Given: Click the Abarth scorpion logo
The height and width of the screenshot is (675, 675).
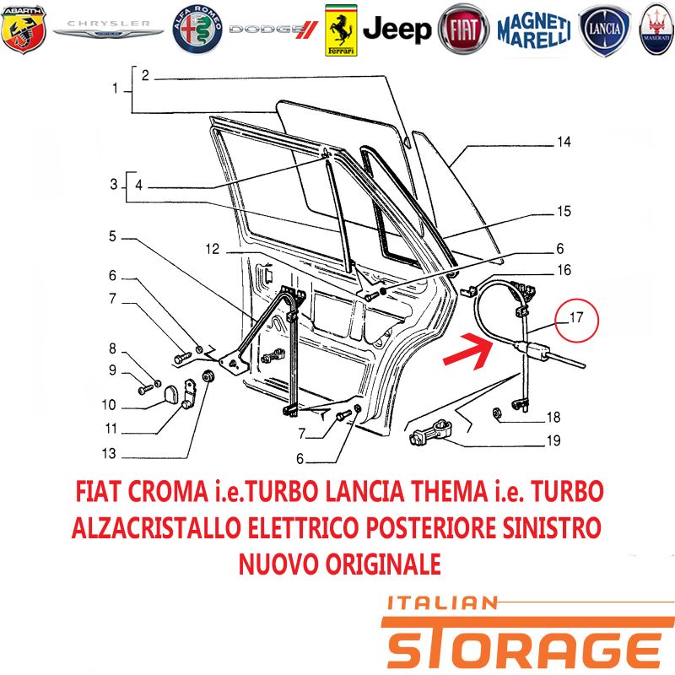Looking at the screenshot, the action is point(24,30).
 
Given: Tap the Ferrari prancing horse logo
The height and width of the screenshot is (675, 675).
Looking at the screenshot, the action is point(341,30).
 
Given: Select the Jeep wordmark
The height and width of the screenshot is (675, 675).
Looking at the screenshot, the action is point(397,30).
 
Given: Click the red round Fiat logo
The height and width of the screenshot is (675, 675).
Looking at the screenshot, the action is point(463,30).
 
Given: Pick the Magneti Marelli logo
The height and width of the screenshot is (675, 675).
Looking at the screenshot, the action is point(534,30).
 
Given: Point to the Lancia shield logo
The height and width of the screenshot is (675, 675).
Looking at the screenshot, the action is point(604,30).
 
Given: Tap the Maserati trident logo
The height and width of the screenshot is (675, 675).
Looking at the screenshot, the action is point(657,30).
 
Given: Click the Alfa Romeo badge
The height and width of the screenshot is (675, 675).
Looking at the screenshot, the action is point(197,30).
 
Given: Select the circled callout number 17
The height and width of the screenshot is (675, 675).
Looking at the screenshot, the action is point(576,318).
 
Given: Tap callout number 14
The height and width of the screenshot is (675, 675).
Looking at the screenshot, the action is point(564,142).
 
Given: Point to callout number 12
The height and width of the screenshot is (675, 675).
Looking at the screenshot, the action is point(213,249).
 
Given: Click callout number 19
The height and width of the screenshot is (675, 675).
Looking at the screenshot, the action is point(553,440).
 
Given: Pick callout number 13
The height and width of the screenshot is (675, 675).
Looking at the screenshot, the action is point(109,453).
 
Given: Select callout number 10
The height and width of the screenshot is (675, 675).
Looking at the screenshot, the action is point(109,405).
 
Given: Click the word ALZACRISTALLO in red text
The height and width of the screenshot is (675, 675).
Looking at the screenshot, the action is point(156,527).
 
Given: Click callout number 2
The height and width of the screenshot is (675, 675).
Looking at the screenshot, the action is point(145,76).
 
